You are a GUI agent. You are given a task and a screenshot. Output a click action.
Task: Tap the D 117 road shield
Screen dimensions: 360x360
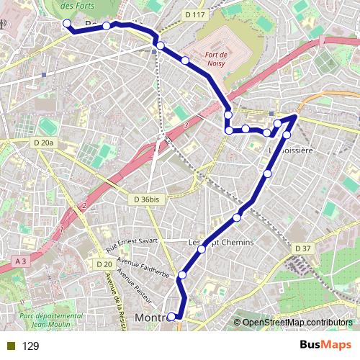coord(194,14)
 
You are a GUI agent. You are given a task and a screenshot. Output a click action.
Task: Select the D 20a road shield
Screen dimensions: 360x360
coord(44,143)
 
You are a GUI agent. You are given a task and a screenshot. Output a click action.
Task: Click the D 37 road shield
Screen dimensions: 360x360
coord(302,248)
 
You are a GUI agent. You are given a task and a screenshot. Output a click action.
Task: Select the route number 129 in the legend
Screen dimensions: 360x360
coord(30,346)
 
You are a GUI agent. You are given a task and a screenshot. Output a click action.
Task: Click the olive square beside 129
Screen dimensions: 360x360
coord(11,346)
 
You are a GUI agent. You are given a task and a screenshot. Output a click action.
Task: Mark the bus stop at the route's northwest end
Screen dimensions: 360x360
coord(67,24)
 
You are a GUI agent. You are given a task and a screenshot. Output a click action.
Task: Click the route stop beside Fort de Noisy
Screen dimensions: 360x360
coord(186,60)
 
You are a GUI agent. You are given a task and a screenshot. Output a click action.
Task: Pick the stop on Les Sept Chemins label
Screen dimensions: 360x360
coord(202,249)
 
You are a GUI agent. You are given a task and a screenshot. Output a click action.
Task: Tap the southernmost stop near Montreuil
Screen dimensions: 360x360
coord(171,317)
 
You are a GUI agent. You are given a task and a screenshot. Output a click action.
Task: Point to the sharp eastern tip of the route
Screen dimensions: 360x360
coord(297,115)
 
